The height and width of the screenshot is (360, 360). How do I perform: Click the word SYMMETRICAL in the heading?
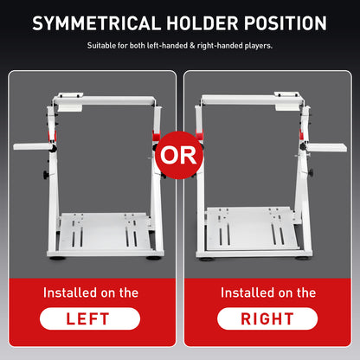point(96,23)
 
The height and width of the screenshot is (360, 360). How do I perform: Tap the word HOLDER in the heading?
point(202,23)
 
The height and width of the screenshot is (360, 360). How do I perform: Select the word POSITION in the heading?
point(286,23)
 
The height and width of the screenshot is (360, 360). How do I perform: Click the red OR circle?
point(179,155)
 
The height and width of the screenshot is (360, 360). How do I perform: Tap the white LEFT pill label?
point(90,318)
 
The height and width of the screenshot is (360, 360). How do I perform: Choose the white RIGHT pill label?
point(267,318)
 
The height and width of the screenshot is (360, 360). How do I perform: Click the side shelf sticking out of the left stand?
point(32,146)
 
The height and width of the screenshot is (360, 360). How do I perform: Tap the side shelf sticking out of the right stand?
point(326,147)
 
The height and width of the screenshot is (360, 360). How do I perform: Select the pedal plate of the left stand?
point(104,231)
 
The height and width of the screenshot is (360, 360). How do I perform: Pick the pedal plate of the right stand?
point(252,228)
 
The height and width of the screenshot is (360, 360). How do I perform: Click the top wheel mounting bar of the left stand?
point(105,100)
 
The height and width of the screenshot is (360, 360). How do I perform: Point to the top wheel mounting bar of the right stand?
point(252,100)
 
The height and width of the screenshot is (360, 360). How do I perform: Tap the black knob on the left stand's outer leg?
point(46,175)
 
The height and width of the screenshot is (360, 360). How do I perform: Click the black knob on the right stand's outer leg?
point(311,173)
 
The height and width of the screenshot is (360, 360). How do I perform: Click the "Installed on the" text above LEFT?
point(91,292)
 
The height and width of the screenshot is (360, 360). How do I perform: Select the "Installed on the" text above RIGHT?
point(268,292)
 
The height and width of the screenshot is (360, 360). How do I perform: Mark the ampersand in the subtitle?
point(192,46)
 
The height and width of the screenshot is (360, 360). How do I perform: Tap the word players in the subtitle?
point(258,46)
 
